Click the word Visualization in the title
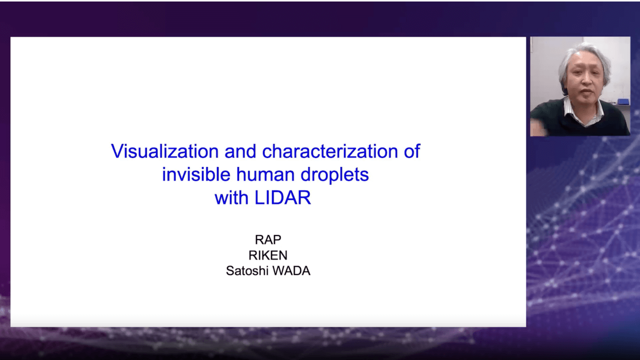(165, 151)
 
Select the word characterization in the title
(329, 151)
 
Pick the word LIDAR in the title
(282, 197)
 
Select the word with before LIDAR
(231, 197)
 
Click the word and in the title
(240, 151)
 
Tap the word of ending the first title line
(411, 151)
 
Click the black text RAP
(268, 239)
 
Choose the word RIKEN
(268, 255)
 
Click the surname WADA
(291, 270)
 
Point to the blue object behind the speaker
(623, 101)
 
